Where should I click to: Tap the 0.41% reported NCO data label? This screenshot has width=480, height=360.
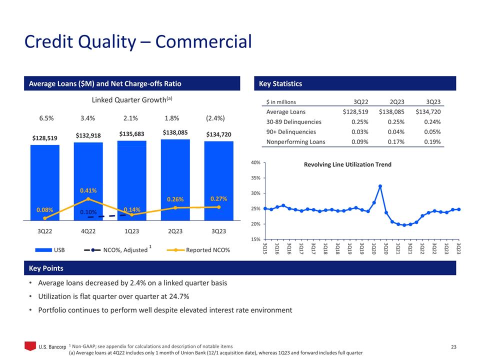88,190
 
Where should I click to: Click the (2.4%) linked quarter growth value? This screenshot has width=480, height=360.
215,118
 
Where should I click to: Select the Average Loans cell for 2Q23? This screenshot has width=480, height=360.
388,111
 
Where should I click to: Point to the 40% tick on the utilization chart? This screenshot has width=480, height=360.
255,162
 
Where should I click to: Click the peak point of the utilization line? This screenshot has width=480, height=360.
380,186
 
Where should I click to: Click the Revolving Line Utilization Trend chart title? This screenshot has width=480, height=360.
347,164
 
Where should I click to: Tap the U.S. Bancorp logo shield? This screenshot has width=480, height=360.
30,346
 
